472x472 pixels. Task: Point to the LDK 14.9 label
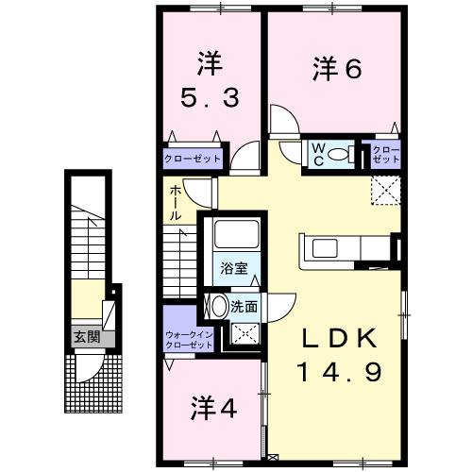pos(342,356)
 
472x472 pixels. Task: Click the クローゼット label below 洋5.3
pos(192,158)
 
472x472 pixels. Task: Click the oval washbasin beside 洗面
pos(217,306)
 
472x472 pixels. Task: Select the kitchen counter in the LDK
pos(346,250)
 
